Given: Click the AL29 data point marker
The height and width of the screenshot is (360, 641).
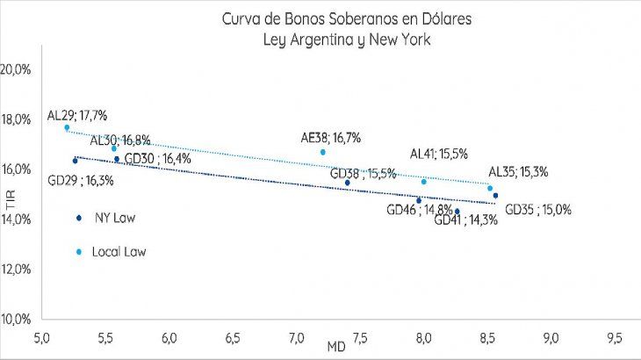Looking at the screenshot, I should [67, 127].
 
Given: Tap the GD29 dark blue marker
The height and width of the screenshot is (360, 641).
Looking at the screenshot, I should [75, 161].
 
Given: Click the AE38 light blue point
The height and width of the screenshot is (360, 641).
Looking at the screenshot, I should [323, 152].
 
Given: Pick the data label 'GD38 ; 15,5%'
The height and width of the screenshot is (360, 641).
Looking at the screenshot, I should [363, 174].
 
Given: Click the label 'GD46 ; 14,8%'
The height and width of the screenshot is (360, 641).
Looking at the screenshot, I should [420, 210].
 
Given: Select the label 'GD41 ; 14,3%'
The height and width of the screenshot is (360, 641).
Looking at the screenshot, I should [466, 220].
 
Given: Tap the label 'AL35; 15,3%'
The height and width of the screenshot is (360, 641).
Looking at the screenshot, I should [518, 172].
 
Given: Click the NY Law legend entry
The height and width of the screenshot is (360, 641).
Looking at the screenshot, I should [111, 218].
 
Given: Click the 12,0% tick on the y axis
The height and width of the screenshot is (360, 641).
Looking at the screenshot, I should [17, 269].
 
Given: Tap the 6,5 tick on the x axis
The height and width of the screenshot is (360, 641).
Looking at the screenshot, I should [234, 337].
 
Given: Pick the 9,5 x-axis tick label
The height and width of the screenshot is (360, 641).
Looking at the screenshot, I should [615, 337].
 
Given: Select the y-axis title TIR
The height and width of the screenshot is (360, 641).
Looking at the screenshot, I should [11, 196].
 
